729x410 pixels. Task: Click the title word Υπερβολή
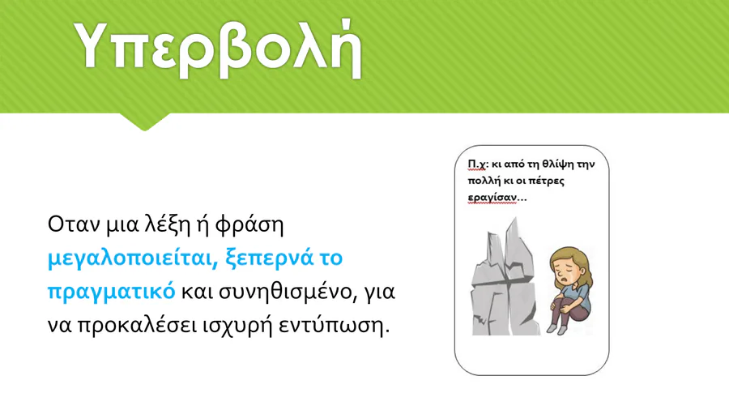coord(218,49)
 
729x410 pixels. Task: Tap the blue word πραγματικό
coord(112,292)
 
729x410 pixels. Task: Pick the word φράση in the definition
coord(249,225)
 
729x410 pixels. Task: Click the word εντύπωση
coord(334,326)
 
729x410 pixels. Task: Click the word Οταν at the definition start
coord(74,224)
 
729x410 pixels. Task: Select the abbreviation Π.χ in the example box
coord(476,164)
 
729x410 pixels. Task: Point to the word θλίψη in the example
coord(558,164)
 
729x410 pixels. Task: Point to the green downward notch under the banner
coord(144,121)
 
